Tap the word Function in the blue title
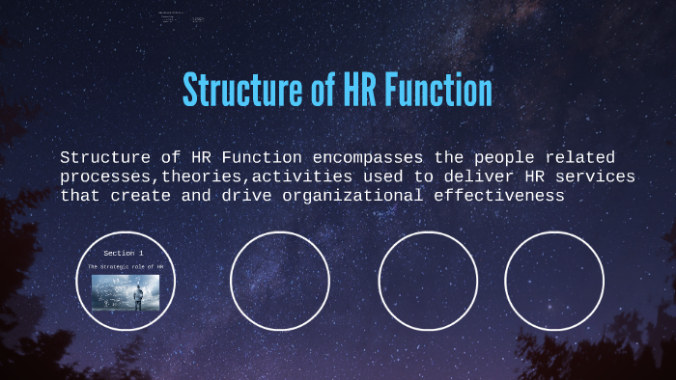tap(437, 91)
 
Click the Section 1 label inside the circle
tap(124, 253)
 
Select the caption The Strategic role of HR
tap(126, 266)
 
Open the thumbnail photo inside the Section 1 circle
tap(126, 292)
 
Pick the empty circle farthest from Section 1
tap(554, 281)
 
